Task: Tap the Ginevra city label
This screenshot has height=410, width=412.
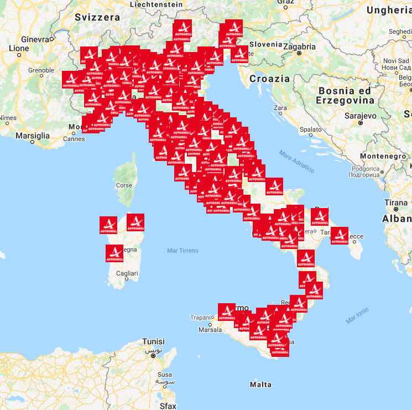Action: tap(35, 39)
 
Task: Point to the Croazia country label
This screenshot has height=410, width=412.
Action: tap(269, 79)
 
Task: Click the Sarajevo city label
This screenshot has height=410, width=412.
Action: tap(345, 116)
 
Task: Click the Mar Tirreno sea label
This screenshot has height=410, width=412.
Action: tap(182, 251)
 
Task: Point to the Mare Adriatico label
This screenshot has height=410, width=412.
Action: tap(296, 161)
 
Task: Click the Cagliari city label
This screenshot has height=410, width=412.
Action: tap(127, 273)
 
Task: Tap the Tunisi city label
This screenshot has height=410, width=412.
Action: tap(153, 341)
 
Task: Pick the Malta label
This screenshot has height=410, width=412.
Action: tap(260, 384)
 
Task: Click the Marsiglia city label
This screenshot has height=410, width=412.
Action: tap(33, 135)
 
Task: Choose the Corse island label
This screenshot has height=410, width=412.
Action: tap(124, 185)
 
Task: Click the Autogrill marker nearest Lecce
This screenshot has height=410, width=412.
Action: tap(340, 235)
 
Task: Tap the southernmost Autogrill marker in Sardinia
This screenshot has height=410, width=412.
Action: tap(114, 253)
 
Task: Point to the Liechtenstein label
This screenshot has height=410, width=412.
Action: tap(157, 4)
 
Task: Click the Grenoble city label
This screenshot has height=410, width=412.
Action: tap(41, 70)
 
